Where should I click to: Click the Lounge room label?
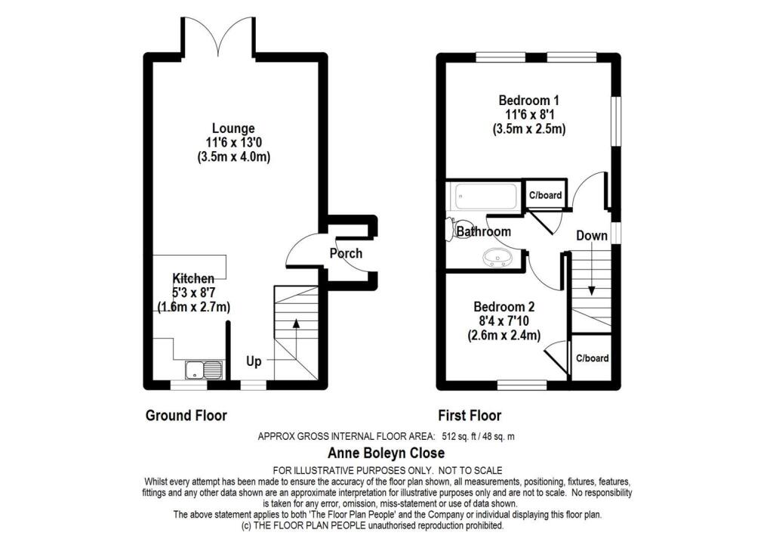(233, 128)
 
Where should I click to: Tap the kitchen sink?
(205, 370)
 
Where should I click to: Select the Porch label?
(346, 253)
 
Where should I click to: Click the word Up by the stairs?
(254, 362)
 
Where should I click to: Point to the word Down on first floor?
(592, 235)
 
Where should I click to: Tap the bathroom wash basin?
(497, 259)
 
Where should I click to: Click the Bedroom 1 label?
(528, 101)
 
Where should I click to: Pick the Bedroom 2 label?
(504, 307)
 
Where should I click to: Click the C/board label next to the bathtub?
(544, 195)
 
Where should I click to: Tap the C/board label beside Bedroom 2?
(592, 358)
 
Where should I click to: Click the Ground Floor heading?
(186, 415)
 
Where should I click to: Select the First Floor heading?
(470, 415)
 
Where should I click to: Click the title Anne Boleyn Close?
(386, 453)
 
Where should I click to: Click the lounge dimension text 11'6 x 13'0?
(233, 143)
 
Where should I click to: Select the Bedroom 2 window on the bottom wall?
(522, 385)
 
